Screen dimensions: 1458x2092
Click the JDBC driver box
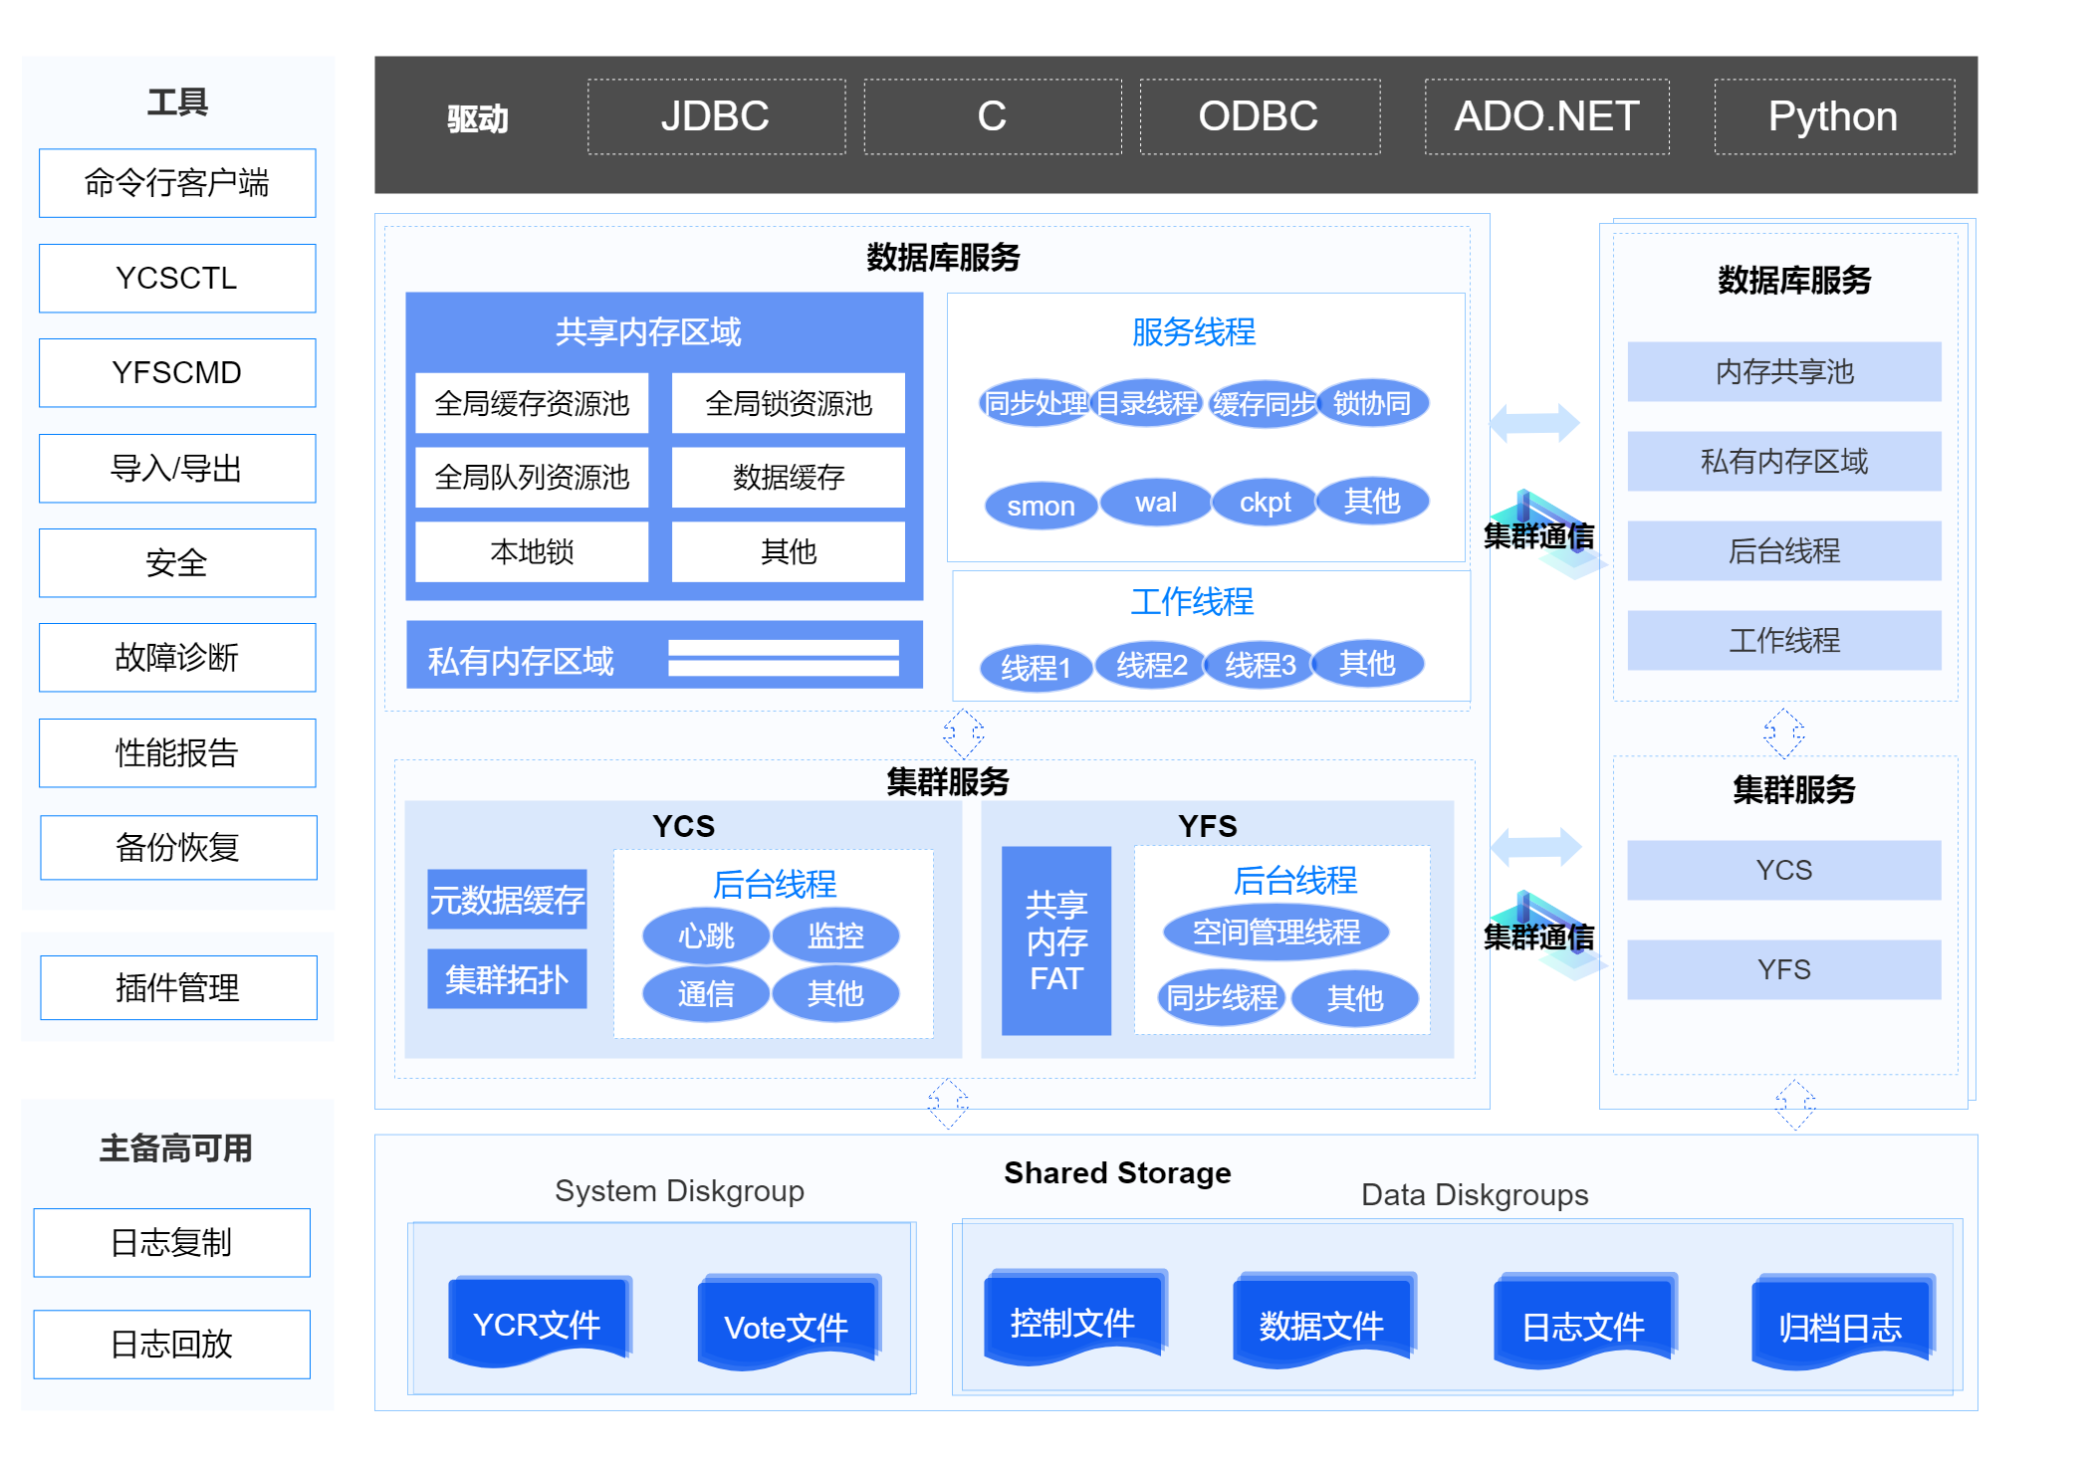[716, 117]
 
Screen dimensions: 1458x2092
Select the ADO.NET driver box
[1546, 117]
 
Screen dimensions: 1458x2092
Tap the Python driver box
[1833, 117]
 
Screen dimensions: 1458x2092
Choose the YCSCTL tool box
[177, 279]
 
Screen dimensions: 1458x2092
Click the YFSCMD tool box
[177, 373]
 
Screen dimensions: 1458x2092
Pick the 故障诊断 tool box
[177, 658]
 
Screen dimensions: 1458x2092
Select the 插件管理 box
[178, 988]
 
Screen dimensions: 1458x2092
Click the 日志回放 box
[171, 1345]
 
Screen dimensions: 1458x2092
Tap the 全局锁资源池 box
[788, 403]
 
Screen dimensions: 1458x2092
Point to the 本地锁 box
[532, 551]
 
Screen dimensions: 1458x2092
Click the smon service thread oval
[1041, 506]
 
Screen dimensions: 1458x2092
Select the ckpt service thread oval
[1265, 503]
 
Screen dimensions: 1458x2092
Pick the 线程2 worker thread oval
[1151, 665]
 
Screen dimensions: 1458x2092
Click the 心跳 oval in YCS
[706, 936]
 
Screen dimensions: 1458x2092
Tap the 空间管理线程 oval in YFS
[1276, 933]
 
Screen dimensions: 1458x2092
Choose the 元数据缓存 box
[507, 900]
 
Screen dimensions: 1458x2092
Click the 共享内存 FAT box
[1055, 941]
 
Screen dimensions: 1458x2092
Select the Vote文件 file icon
[786, 1325]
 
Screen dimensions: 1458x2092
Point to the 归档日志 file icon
[1840, 1325]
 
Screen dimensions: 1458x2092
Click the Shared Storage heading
[1117, 1173]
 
